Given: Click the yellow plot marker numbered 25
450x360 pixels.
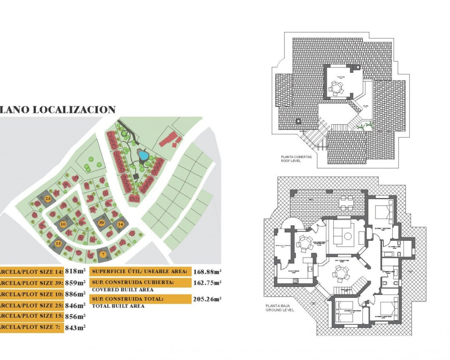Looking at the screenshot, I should tap(48, 199).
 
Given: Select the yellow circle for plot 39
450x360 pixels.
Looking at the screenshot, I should tap(101, 223).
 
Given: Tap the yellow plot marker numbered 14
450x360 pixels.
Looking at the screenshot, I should tap(120, 224).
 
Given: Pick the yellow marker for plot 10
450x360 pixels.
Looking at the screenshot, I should tap(63, 224).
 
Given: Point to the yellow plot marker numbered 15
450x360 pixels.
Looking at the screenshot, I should tap(58, 243).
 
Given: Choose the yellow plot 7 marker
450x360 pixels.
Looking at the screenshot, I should tap(103, 254).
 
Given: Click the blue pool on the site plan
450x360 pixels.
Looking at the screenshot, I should tap(143, 155).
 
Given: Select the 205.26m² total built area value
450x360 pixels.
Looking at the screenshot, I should tap(207, 299).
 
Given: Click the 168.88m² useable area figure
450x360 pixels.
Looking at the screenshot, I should tap(207, 272).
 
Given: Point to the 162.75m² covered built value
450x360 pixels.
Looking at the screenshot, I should tap(207, 283).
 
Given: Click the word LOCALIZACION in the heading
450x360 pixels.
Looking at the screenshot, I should tap(74, 110).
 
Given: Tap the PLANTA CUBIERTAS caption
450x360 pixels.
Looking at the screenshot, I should tap(296, 157).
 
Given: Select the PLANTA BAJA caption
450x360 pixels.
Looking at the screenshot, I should tap(278, 306).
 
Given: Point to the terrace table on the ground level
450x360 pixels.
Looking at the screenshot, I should tap(346, 202).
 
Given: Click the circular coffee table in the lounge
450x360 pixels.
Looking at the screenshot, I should tap(348, 236).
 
